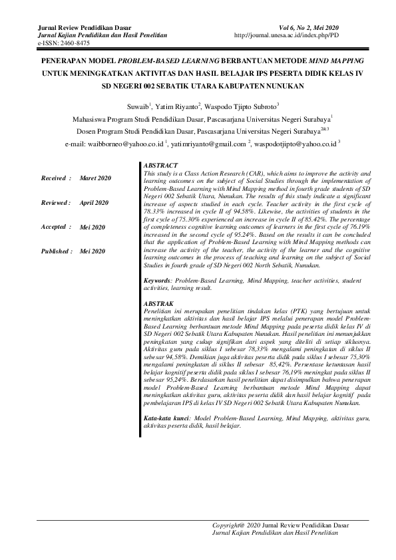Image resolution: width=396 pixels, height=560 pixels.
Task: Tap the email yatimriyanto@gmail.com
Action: (x=209, y=144)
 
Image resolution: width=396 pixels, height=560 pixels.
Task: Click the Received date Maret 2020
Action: (x=95, y=179)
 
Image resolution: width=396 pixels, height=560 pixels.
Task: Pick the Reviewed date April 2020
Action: (x=95, y=202)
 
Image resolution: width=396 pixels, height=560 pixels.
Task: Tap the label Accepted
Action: (x=55, y=227)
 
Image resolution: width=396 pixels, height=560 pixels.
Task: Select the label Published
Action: (x=57, y=251)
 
